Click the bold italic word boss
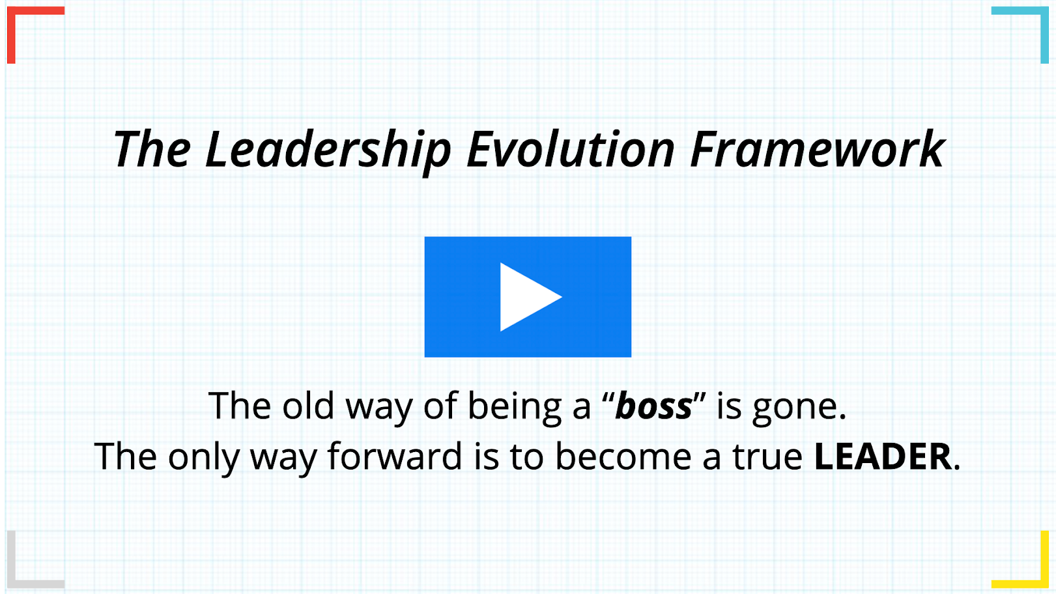click(x=654, y=406)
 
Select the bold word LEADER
click(x=883, y=457)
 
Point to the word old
click(x=308, y=405)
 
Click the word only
click(x=204, y=459)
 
